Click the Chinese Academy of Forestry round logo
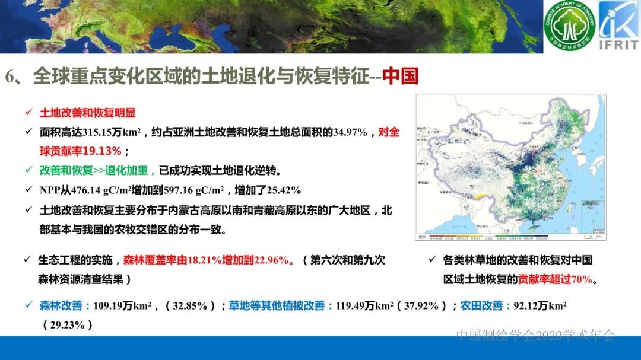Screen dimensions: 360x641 tap(569, 26)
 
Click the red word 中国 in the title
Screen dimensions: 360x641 tap(401, 77)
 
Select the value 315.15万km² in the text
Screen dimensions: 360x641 tap(107, 132)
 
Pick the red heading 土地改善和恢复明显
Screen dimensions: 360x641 tap(87, 113)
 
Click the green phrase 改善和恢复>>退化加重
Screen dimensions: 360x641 tap(97, 171)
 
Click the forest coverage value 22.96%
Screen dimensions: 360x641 tap(271, 260)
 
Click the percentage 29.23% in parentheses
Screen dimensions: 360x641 tap(68, 325)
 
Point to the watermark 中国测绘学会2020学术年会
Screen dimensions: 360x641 tap(536, 335)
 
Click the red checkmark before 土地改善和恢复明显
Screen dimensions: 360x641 tap(28, 113)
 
